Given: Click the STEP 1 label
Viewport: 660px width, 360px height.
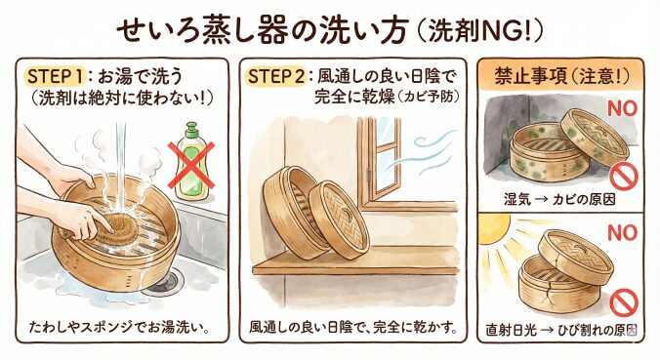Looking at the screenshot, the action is tap(58, 76).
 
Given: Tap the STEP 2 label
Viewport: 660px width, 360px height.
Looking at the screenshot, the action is tap(276, 76).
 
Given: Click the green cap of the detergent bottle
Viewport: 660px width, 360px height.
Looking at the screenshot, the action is tap(191, 130).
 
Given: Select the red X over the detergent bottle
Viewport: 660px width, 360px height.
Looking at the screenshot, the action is tap(191, 165).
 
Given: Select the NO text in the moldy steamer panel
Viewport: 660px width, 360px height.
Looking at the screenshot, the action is tap(622, 109).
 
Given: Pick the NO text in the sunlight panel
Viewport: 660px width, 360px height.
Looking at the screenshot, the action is tap(622, 232).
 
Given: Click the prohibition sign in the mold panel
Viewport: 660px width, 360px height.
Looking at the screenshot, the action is tap(624, 177).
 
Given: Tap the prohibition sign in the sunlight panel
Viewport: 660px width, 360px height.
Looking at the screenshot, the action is tap(624, 302).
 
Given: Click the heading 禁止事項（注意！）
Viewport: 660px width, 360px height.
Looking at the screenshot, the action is tap(561, 77).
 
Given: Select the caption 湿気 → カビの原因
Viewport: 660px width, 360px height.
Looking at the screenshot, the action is tap(559, 198).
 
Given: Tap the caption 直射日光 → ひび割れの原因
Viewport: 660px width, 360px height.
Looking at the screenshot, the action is tap(561, 330).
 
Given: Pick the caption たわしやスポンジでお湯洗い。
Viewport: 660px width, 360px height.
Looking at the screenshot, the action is tap(119, 327).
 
